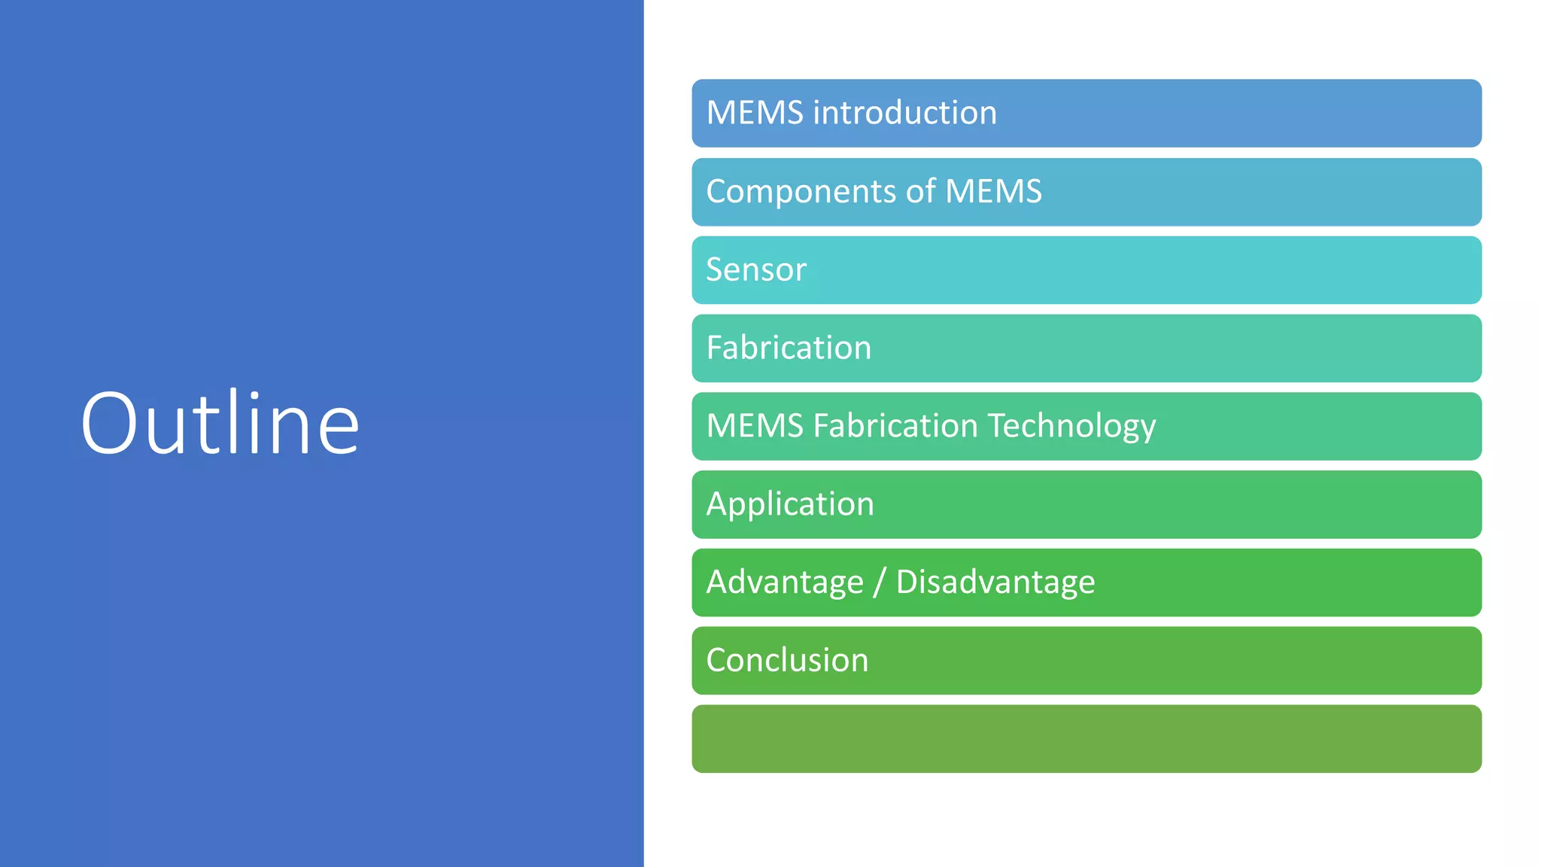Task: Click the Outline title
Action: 220,423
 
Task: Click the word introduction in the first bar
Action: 905,113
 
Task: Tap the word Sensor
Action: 756,269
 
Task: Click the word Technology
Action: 1071,427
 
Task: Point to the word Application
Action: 790,504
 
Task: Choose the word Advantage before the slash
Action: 785,583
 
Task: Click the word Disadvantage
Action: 995,583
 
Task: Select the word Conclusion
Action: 787,660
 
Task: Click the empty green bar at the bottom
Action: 1087,738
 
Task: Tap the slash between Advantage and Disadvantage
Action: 880,583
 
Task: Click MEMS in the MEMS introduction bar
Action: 755,113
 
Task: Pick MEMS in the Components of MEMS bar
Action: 993,191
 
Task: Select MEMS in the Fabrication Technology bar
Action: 755,426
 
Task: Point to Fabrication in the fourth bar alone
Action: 789,348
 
